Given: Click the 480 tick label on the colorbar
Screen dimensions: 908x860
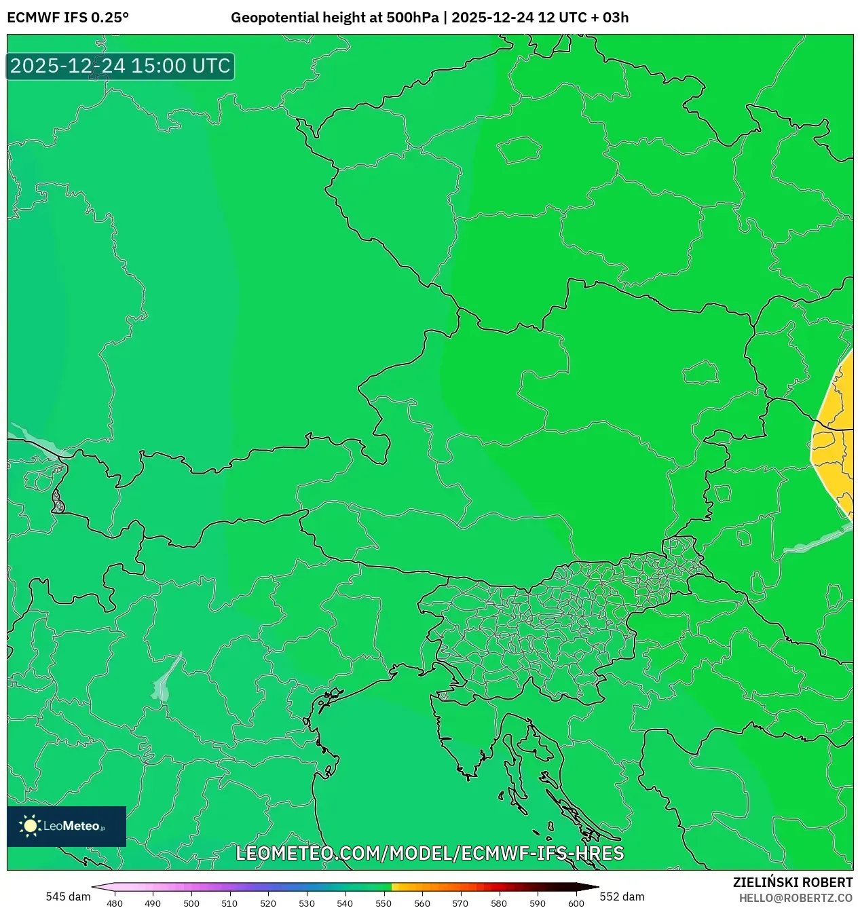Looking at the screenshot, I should (115, 903).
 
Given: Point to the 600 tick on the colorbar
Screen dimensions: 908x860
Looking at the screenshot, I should (576, 903).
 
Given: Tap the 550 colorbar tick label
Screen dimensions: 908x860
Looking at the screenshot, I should (384, 903).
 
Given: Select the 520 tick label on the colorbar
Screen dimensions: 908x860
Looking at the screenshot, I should (268, 903).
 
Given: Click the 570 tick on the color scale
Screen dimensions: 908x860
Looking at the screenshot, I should (460, 903).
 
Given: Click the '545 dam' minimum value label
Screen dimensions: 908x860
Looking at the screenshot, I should (68, 896).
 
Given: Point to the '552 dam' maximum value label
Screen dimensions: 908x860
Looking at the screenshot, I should (622, 896).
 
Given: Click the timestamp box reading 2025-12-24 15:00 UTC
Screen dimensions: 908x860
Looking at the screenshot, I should (120, 66).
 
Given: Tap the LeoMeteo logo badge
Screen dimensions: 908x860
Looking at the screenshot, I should (67, 826).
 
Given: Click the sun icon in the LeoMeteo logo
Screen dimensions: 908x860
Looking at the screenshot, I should (31, 826).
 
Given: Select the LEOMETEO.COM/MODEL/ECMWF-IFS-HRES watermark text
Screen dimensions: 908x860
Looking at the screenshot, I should (430, 853).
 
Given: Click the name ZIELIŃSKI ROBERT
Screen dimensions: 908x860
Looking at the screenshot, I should (792, 882).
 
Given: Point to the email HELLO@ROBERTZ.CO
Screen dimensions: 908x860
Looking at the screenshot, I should (796, 898).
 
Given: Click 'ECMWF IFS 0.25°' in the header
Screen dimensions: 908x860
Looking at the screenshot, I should (68, 18).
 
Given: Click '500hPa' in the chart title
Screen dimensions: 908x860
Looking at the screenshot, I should (412, 18).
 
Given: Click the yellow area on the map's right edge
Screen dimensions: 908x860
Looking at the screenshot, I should (836, 434).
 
